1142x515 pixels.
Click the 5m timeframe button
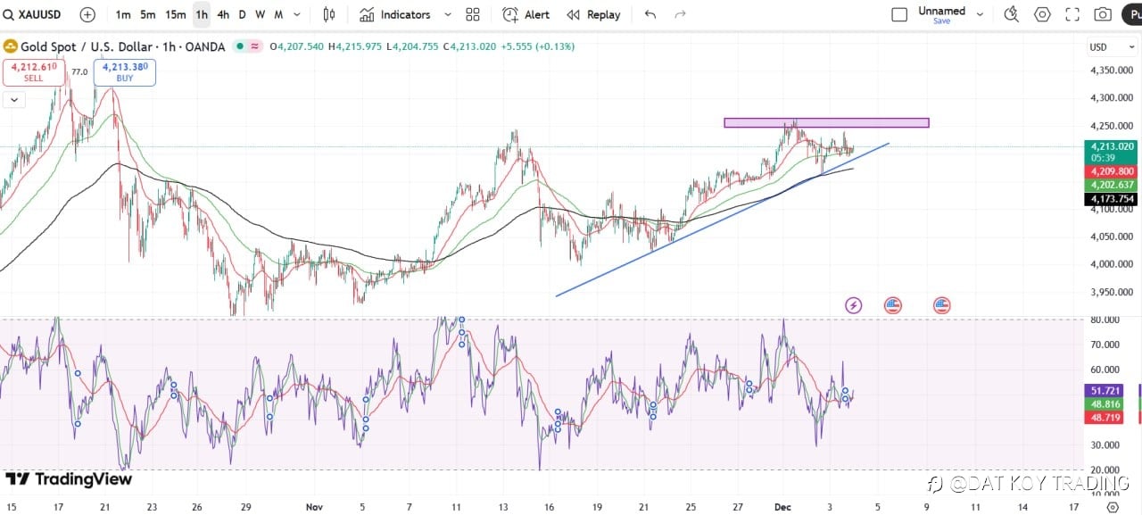tap(148, 14)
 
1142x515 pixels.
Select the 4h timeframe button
tap(223, 14)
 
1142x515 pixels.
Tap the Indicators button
tap(395, 14)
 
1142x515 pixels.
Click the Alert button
tap(526, 14)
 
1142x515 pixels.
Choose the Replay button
tap(593, 14)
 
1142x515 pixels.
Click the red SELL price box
tap(33, 71)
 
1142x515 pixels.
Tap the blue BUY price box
tap(125, 71)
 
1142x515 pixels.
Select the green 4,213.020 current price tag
tap(1110, 146)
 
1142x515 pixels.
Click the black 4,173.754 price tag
tap(1110, 199)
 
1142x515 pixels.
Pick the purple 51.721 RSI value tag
tap(1105, 391)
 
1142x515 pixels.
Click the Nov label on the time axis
tap(314, 506)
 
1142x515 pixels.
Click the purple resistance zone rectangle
tap(826, 122)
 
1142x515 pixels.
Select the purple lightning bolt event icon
tap(853, 305)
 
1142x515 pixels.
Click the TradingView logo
tap(70, 479)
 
